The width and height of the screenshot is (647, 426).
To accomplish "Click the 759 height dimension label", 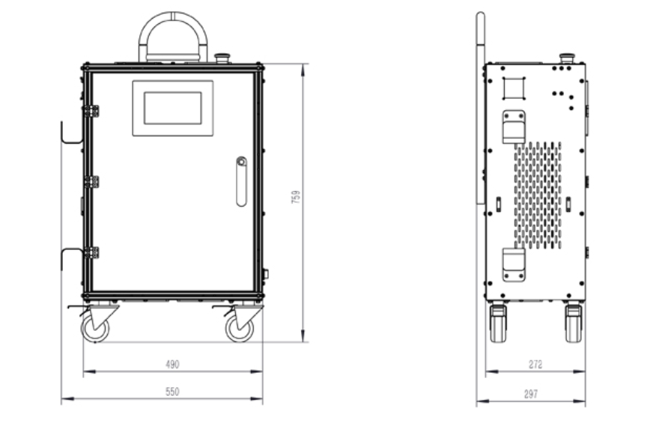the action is tap(296, 197).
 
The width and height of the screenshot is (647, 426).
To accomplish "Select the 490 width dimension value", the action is tap(172, 364).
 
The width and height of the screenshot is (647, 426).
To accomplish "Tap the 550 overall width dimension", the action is tap(172, 392).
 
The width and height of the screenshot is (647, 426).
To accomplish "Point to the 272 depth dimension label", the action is tap(535, 364).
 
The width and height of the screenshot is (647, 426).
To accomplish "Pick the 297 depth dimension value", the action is tap(531, 395).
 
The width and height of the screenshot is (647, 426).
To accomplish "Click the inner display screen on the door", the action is tap(173, 108).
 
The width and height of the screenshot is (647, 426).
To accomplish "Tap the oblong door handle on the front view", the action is tap(241, 181).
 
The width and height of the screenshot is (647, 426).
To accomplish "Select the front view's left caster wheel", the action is tap(95, 328).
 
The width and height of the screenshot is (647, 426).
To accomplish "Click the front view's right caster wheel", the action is tap(240, 328).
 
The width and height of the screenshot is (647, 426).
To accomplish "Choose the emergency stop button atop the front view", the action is tap(222, 58).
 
